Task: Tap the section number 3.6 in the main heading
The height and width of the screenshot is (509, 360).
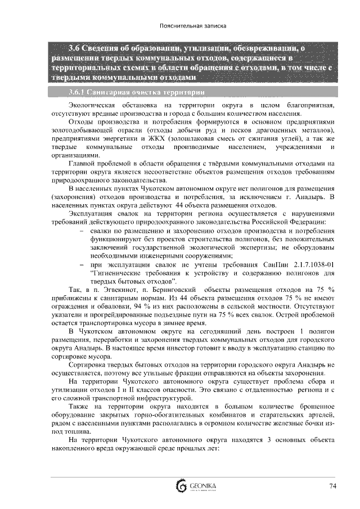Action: pyautogui.click(x=74, y=47)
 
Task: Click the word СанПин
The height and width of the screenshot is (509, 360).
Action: pyautogui.click(x=273, y=264)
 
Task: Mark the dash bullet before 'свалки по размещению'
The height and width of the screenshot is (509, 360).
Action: pyautogui.click(x=83, y=231)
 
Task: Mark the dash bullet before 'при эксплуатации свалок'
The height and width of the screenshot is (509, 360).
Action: pyautogui.click(x=83, y=264)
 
